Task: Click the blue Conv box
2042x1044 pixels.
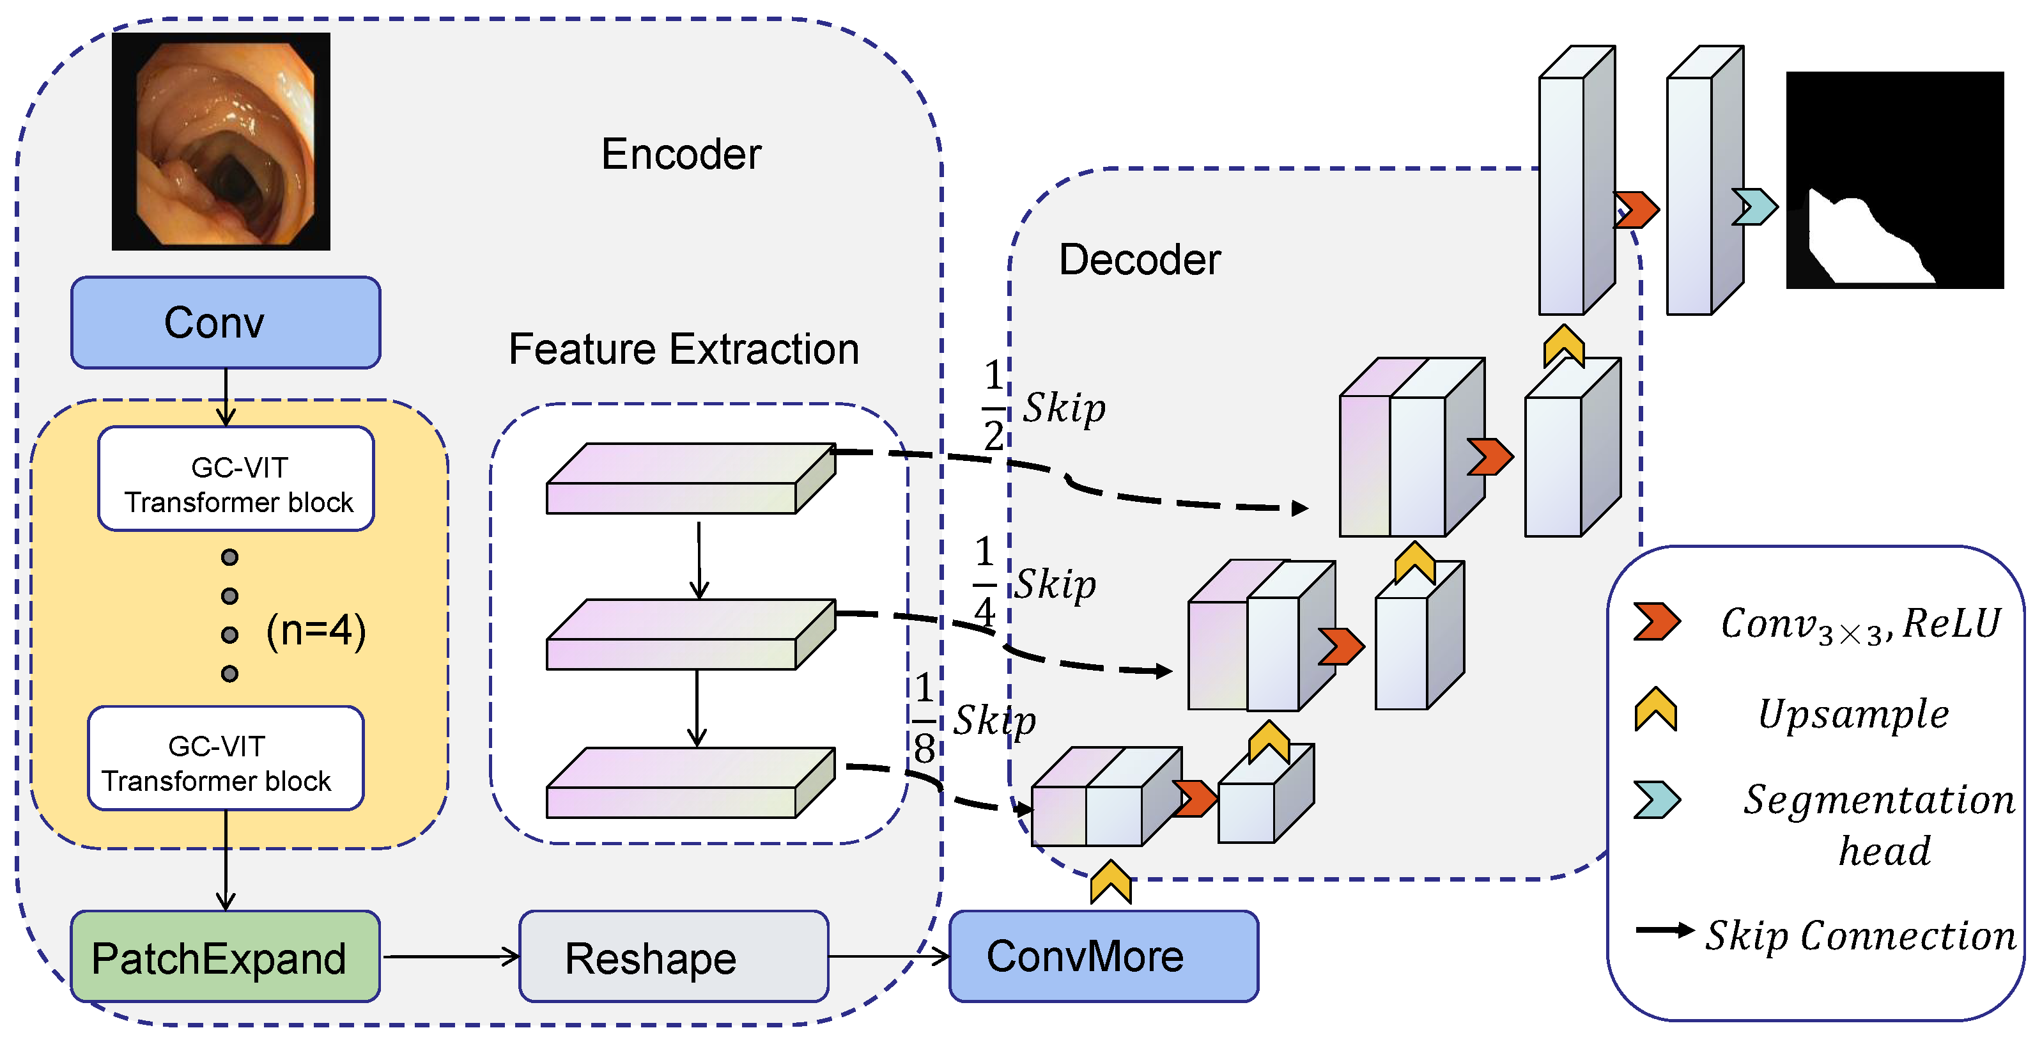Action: pos(225,323)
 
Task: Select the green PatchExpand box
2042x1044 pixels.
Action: pos(225,957)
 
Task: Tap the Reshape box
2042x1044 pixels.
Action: pos(673,957)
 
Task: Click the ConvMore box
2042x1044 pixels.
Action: pos(1102,956)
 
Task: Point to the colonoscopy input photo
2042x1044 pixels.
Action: pos(220,141)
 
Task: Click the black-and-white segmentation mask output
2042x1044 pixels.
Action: pos(1894,180)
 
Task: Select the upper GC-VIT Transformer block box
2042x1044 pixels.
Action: pos(236,479)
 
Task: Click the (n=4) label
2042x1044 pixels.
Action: pos(316,631)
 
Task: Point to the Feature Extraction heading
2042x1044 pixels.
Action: pos(683,349)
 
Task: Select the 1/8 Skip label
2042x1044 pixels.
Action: pos(975,719)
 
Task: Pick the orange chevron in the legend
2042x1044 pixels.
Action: pos(1655,621)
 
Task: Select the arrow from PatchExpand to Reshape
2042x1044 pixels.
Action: pos(450,957)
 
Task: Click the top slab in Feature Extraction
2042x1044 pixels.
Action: pos(690,478)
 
